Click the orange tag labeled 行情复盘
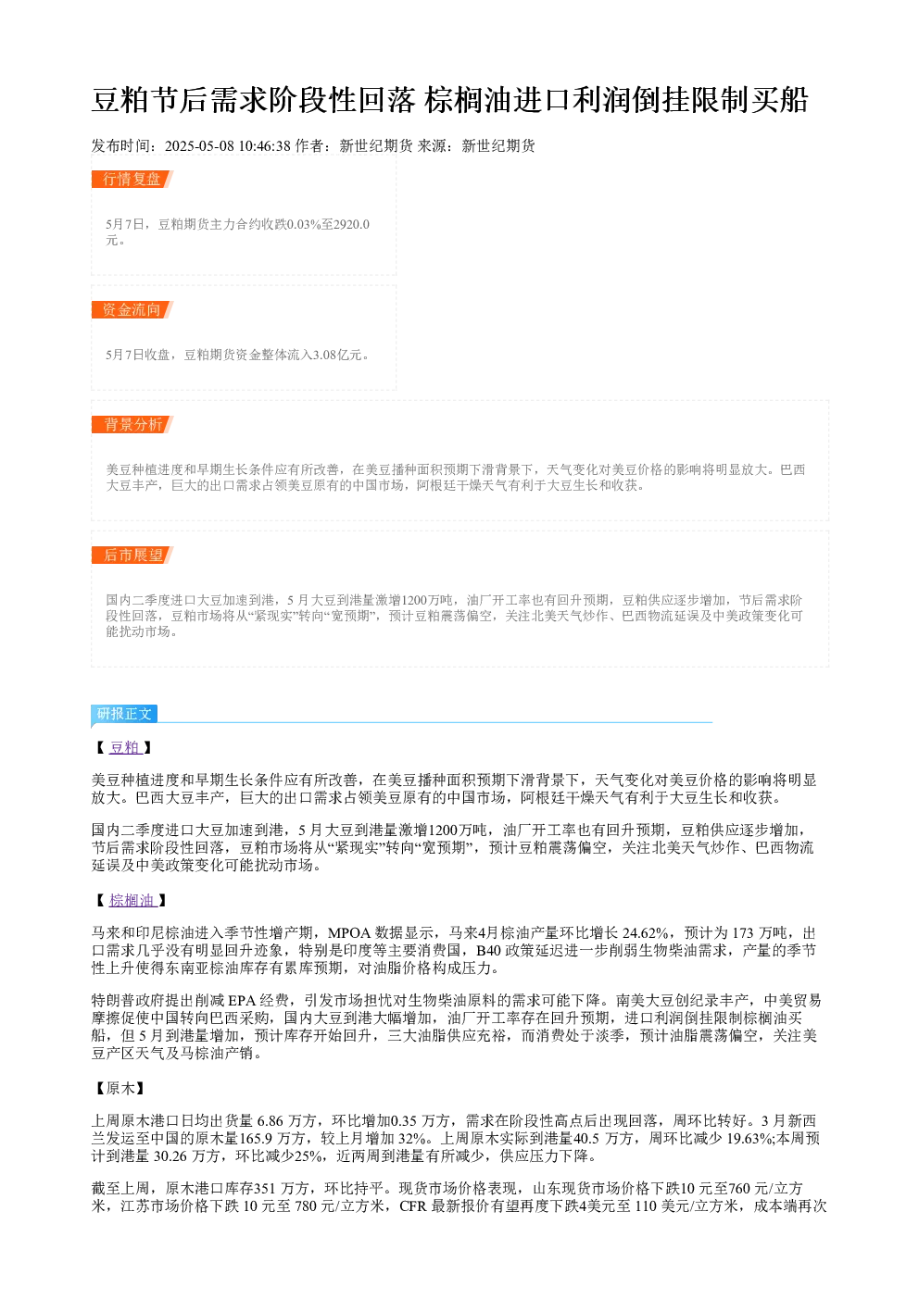[132, 180]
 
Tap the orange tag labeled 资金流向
[132, 309]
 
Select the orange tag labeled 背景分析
[132, 424]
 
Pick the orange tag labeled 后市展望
[132, 555]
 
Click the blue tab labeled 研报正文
[124, 713]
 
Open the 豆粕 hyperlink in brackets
[125, 747]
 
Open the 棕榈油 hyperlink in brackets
[132, 900]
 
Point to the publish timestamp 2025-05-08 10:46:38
[228, 145]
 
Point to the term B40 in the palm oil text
[488, 951]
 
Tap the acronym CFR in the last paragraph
[413, 1206]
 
